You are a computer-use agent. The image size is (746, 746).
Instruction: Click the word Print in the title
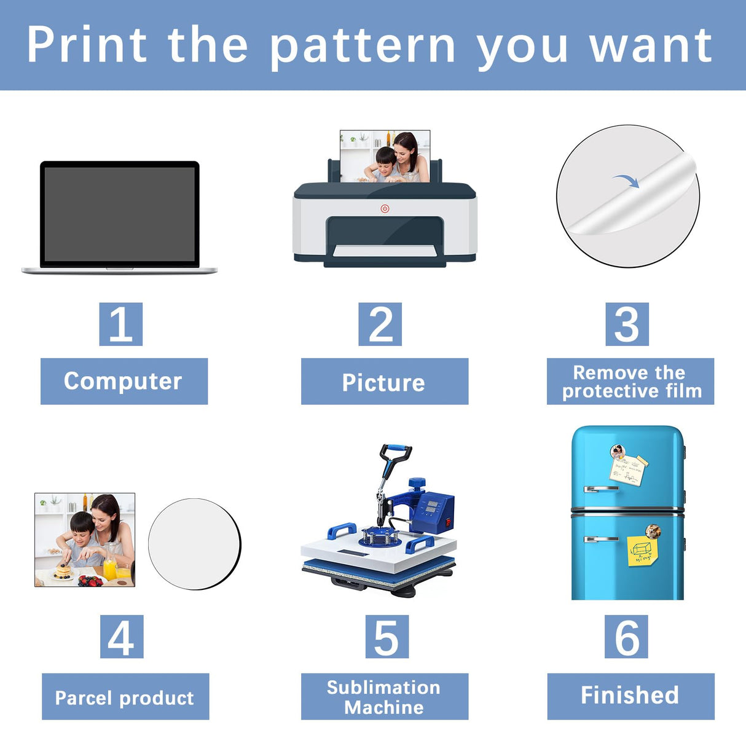click(x=87, y=45)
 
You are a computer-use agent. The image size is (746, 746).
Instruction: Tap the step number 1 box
click(x=121, y=324)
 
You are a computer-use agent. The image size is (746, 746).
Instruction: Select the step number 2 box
click(x=380, y=324)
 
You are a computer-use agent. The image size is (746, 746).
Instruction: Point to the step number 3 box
click(x=627, y=324)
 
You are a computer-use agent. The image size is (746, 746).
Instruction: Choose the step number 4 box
click(x=122, y=637)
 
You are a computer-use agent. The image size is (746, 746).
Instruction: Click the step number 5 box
click(x=387, y=637)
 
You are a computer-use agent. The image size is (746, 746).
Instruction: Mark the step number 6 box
click(x=627, y=637)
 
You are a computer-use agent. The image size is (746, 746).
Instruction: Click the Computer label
click(x=124, y=381)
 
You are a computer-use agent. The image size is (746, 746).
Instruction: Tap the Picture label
click(x=384, y=382)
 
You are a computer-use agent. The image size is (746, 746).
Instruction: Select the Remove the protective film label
click(x=630, y=382)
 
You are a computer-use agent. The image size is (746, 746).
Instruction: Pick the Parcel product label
click(x=125, y=697)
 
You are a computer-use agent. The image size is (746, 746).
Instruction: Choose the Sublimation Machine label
click(x=384, y=697)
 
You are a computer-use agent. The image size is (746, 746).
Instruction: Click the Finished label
click(x=630, y=696)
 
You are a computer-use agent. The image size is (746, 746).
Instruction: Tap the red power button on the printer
click(x=385, y=209)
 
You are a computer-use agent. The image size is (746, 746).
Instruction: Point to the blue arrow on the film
click(x=627, y=180)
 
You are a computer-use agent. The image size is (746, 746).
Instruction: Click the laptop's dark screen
click(x=120, y=214)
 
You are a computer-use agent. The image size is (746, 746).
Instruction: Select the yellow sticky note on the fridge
click(x=642, y=551)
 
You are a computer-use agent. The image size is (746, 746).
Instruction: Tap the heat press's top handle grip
click(x=396, y=452)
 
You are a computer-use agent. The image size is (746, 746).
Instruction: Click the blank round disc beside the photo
click(x=194, y=544)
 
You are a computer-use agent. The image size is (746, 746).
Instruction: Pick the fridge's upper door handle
click(x=601, y=489)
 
